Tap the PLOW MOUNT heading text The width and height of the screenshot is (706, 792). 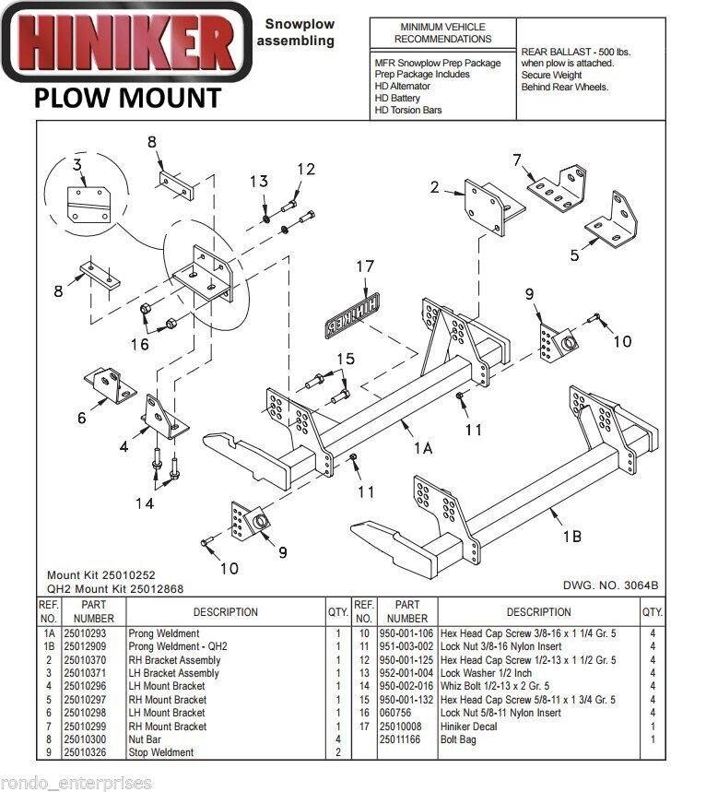[x=128, y=98]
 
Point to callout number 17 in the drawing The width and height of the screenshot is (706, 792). [x=365, y=267]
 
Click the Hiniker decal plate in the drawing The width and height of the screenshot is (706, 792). [x=351, y=313]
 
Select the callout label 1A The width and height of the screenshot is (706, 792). [x=423, y=448]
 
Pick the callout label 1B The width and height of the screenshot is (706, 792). [x=571, y=535]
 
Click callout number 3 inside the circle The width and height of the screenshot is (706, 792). [x=76, y=166]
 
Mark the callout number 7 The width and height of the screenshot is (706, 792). [x=517, y=160]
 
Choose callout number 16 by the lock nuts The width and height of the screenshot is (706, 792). [x=139, y=345]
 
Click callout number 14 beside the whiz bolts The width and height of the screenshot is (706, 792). [x=145, y=502]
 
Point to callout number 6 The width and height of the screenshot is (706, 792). [x=81, y=418]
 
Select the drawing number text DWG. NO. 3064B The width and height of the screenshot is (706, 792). [x=611, y=585]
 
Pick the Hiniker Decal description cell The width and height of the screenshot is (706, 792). [x=471, y=727]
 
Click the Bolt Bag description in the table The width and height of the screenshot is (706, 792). [x=458, y=739]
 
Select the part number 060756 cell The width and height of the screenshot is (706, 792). [x=396, y=713]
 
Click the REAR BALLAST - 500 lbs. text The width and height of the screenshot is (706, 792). [x=575, y=52]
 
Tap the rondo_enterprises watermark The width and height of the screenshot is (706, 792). [x=76, y=783]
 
